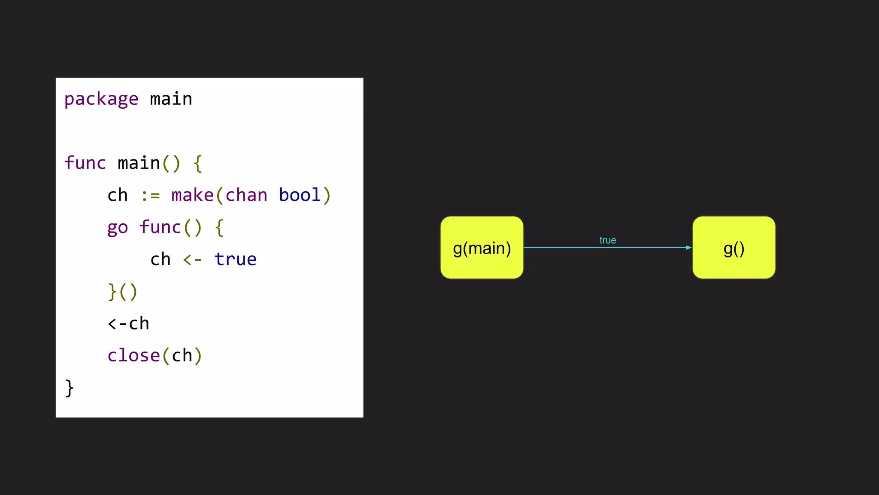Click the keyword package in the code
point(101,99)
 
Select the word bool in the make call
point(300,195)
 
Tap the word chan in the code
point(246,195)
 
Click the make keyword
point(192,195)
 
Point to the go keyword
point(118,228)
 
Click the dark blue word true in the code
point(235,260)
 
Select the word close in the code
point(133,356)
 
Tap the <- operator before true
point(192,260)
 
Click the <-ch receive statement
point(128,324)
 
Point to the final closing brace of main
point(70,388)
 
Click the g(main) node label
point(482,248)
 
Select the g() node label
point(734,248)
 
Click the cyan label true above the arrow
point(608,240)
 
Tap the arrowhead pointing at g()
point(688,247)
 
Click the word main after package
point(171,99)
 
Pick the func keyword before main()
point(85,163)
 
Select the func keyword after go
point(160,227)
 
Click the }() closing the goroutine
point(123,292)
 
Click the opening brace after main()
point(198,164)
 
